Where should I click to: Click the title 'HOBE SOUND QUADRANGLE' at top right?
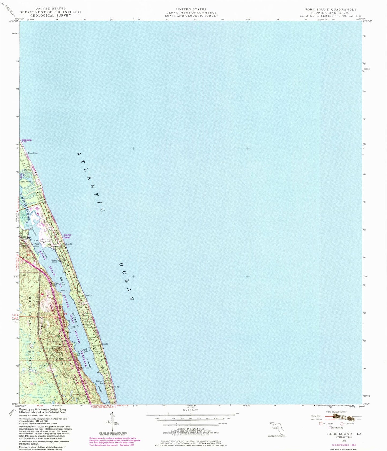(330, 9)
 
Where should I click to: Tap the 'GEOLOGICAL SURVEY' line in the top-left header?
(51, 16)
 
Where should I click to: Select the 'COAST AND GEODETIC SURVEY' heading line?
(191, 16)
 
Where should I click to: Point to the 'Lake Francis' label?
(27, 182)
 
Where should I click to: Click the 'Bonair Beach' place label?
(33, 153)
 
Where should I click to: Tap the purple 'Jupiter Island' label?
(67, 236)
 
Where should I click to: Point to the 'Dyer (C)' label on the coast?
(69, 244)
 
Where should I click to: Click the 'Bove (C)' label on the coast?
(105, 344)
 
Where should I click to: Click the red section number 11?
(41, 382)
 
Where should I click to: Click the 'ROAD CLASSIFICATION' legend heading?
(336, 412)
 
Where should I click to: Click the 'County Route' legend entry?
(338, 428)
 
